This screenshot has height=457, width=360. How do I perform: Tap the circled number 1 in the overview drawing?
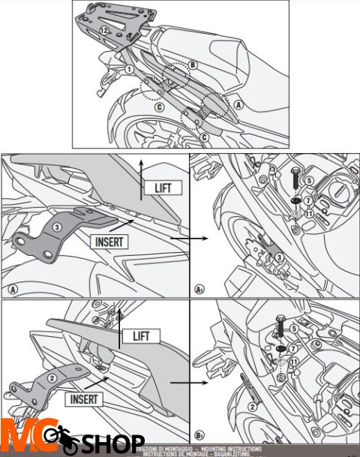point(129,68)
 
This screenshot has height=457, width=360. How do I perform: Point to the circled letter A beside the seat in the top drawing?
point(238,105)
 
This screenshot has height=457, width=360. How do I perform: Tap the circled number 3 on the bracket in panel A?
point(56,227)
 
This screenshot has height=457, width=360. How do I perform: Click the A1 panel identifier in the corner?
point(199,289)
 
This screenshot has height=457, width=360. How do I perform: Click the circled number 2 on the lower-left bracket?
point(53,378)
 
